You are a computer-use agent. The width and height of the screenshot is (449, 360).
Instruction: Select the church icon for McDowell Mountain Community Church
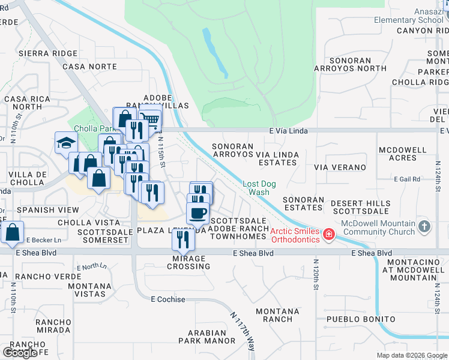(x=425, y=227)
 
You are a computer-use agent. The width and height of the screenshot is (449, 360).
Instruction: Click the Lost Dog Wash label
(x=259, y=188)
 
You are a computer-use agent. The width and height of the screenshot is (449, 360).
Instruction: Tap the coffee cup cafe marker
(x=197, y=212)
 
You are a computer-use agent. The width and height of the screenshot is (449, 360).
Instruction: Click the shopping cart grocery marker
(x=150, y=119)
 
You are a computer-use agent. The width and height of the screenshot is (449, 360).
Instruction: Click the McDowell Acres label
(x=398, y=154)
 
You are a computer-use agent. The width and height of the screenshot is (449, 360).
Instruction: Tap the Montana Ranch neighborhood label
(x=277, y=316)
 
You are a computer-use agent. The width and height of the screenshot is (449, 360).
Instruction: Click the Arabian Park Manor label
(x=207, y=337)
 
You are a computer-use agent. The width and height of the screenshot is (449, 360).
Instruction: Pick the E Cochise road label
(x=168, y=299)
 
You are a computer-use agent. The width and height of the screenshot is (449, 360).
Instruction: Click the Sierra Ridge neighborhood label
(x=40, y=53)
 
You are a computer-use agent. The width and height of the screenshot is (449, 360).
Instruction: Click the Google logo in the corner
(x=20, y=352)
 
